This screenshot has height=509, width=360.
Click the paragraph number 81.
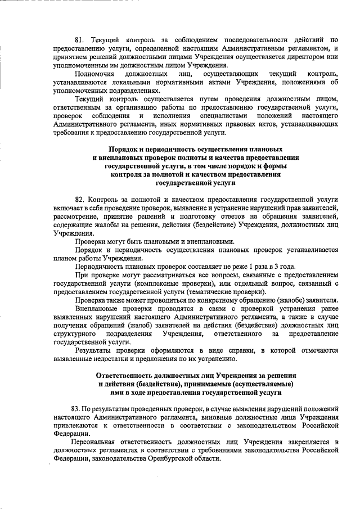coord(80,40)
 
